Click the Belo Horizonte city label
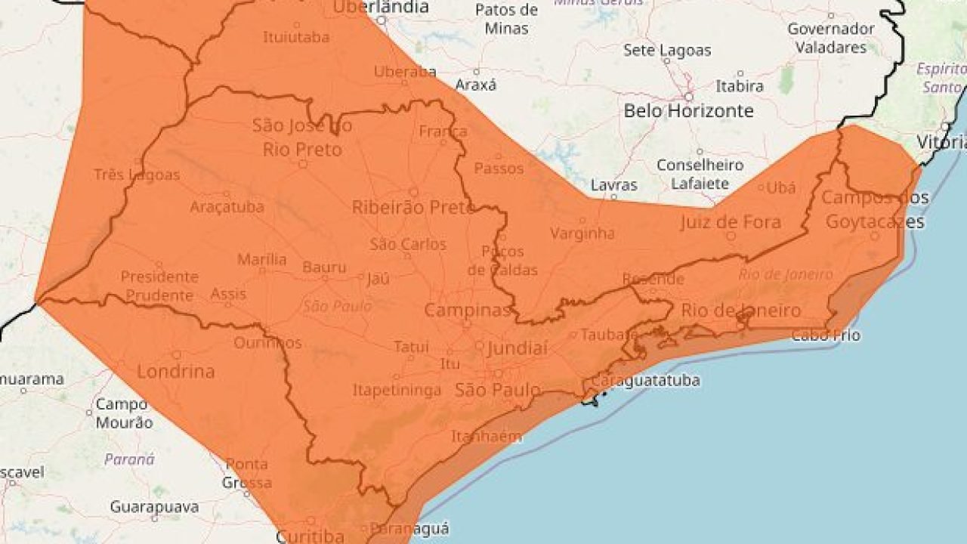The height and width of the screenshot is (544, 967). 688,111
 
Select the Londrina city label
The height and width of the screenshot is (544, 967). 176,371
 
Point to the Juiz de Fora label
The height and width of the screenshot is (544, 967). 730,222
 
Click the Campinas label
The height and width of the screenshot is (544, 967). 468,310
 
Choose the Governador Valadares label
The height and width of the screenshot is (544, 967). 831,38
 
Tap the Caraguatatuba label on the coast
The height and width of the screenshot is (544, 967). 645,380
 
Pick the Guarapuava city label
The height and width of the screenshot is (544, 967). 154,506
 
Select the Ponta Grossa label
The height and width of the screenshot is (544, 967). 247,473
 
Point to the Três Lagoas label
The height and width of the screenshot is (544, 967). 137,175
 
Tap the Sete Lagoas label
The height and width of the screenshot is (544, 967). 667,51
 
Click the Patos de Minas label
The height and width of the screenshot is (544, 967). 506,19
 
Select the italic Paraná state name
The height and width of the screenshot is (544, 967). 129,459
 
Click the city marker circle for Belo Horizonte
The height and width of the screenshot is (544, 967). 689,97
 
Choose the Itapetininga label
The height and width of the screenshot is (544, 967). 397,391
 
